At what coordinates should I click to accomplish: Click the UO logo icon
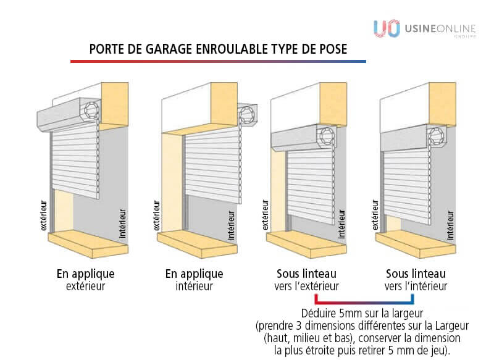click(x=387, y=28)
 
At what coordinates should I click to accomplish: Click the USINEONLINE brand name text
click(x=440, y=29)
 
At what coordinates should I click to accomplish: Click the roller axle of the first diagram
click(x=91, y=111)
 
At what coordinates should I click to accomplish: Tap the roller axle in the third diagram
click(x=327, y=136)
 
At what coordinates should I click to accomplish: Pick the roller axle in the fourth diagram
click(x=437, y=136)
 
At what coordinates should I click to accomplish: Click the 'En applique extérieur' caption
click(x=85, y=280)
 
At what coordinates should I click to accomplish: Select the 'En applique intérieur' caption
click(x=194, y=280)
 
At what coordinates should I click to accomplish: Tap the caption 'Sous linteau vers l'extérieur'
click(x=306, y=280)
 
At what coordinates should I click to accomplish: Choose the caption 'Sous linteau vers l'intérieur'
click(x=416, y=280)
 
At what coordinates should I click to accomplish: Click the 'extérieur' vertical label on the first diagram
click(x=44, y=216)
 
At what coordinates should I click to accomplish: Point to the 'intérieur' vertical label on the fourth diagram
click(x=451, y=225)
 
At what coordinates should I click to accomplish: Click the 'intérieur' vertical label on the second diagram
click(x=231, y=225)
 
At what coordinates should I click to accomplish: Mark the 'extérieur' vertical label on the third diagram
click(x=266, y=215)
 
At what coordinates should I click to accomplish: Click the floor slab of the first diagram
click(x=88, y=243)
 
